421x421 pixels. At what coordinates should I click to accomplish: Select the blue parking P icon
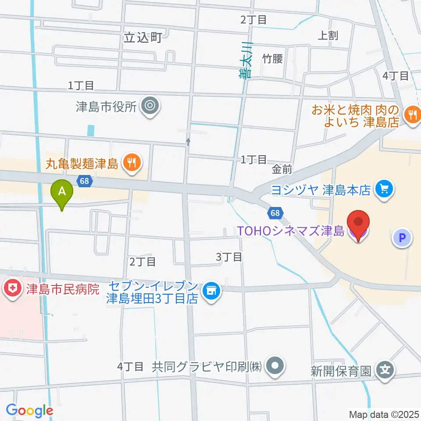(402, 238)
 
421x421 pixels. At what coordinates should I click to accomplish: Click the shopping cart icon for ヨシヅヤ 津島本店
(385, 190)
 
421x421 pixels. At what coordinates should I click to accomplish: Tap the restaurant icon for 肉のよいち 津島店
(412, 115)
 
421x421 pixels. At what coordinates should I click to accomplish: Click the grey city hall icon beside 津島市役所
(150, 106)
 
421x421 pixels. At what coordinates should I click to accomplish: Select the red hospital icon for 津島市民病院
(11, 289)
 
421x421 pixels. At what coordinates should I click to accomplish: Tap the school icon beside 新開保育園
(385, 371)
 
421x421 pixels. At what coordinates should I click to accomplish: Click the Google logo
(29, 410)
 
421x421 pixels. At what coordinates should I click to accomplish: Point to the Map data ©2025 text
(384, 414)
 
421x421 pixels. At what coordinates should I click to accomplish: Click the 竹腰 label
(272, 58)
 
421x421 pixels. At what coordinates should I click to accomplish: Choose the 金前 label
(282, 169)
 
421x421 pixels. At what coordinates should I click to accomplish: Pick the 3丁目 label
(229, 257)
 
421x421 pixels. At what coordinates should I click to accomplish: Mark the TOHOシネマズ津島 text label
(290, 230)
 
